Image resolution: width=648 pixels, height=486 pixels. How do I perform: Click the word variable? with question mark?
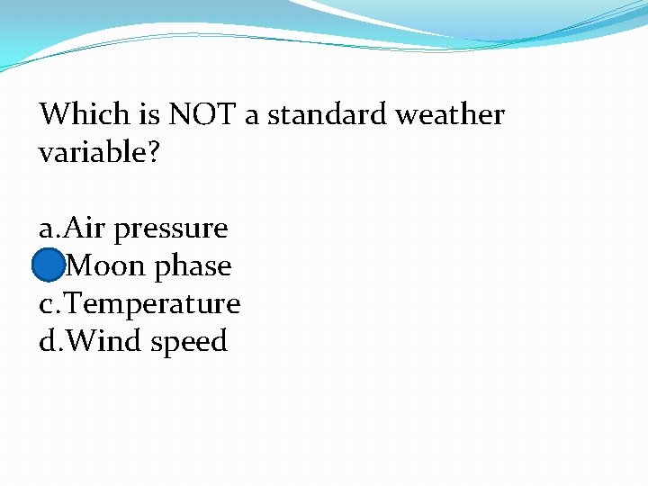click(99, 153)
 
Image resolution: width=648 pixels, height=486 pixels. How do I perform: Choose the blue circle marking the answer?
click(48, 266)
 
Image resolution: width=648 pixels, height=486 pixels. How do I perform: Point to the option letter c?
click(46, 305)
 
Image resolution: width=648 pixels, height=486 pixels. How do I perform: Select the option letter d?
click(46, 342)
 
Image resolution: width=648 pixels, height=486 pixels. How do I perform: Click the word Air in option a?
click(86, 229)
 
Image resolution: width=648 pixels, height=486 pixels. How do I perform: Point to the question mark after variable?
click(153, 153)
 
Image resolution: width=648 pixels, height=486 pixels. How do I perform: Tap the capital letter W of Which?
click(54, 114)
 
